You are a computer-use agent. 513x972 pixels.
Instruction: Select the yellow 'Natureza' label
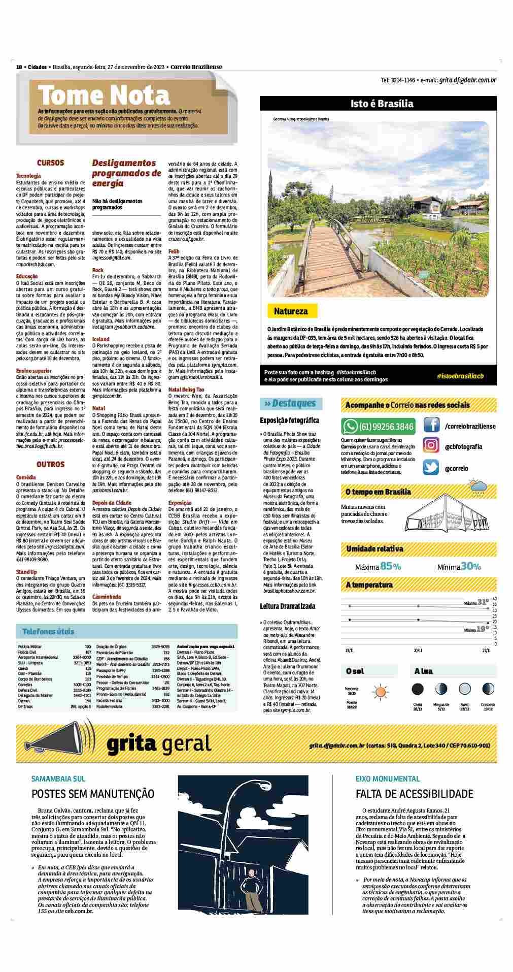click(x=291, y=311)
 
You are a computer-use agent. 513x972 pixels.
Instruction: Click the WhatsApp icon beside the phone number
click(x=351, y=426)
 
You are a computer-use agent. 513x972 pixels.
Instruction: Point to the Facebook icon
click(x=431, y=425)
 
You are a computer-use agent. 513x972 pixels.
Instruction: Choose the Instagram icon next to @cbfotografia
click(x=431, y=446)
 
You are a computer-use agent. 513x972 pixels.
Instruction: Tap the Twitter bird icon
click(x=431, y=467)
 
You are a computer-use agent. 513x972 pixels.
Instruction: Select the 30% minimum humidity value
click(x=471, y=566)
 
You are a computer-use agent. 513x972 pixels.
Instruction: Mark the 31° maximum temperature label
click(x=483, y=602)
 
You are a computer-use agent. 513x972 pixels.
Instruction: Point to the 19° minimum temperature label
click(x=483, y=629)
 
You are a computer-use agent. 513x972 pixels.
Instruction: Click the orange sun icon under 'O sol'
click(x=380, y=691)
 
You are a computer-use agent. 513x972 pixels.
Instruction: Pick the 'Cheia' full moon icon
click(x=418, y=689)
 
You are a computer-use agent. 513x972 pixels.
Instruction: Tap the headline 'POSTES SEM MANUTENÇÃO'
click(x=93, y=794)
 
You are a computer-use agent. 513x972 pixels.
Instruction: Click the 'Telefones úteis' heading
click(x=48, y=631)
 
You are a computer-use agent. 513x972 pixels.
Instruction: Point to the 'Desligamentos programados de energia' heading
click(x=126, y=173)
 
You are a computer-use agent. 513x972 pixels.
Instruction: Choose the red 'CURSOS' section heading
click(x=50, y=163)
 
